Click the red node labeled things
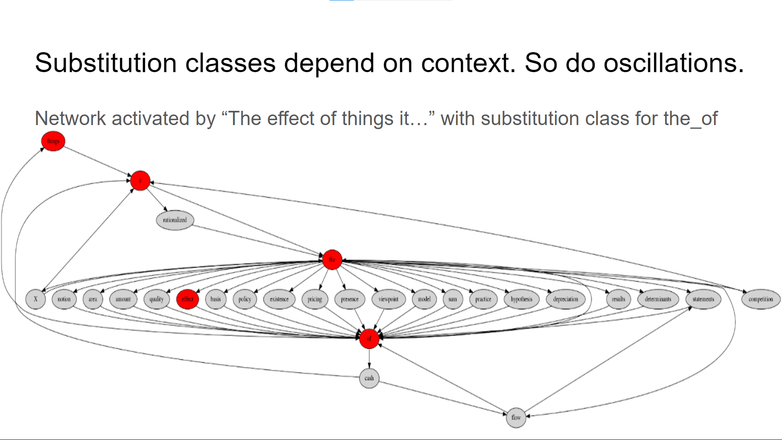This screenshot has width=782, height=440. click(x=53, y=141)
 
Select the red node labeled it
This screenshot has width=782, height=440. click(x=140, y=180)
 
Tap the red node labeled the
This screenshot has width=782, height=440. click(x=332, y=260)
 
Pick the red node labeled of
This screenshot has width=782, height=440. click(x=369, y=339)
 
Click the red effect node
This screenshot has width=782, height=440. click(x=187, y=299)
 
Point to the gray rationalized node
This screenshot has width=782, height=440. click(x=175, y=220)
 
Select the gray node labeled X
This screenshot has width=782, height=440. click(x=35, y=299)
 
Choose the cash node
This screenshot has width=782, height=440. click(x=369, y=378)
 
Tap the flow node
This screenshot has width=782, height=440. click(x=516, y=418)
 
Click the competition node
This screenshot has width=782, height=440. click(x=760, y=299)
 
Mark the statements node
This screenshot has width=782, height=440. click(x=703, y=299)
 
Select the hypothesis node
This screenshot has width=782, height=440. click(x=521, y=299)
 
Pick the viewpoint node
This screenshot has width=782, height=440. click(x=388, y=299)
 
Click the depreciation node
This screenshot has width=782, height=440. click(x=565, y=299)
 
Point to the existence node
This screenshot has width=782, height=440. click(x=279, y=299)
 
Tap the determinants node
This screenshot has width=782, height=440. click(x=658, y=299)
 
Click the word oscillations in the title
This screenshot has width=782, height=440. click(x=674, y=63)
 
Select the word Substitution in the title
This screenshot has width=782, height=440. click(x=106, y=63)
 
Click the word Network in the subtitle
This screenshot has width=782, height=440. click(x=70, y=119)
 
